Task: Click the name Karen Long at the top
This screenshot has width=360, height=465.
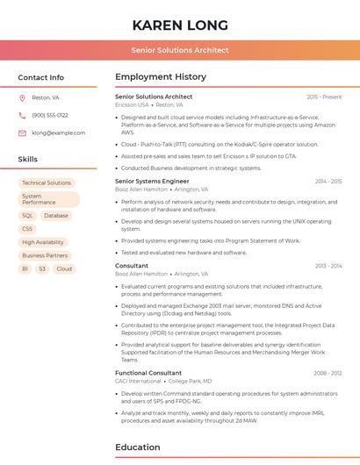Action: (180, 25)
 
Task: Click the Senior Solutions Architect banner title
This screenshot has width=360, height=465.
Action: (180, 50)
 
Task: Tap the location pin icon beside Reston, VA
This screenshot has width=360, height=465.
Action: (22, 98)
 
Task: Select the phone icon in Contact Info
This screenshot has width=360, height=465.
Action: (22, 115)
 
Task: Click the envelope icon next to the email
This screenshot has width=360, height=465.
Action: (22, 133)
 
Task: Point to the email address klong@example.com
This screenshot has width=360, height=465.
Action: (59, 133)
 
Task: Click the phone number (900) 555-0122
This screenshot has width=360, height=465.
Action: (50, 115)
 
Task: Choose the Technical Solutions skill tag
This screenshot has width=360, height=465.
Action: (47, 182)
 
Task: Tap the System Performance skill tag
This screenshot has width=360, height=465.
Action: (48, 199)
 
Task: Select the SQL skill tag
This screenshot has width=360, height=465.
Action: (27, 215)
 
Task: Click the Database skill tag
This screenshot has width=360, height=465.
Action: (56, 215)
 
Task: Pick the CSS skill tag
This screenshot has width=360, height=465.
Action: (27, 229)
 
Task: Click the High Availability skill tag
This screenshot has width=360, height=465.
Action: (43, 242)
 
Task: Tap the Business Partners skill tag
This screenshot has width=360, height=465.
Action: (45, 255)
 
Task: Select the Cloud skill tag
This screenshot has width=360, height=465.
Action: (64, 268)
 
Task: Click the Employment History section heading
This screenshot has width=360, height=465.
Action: (160, 77)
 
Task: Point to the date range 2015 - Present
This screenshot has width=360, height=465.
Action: (324, 97)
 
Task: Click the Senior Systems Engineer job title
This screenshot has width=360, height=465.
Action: (152, 182)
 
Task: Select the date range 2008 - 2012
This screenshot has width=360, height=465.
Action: (328, 373)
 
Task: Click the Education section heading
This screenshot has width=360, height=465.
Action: (137, 447)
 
